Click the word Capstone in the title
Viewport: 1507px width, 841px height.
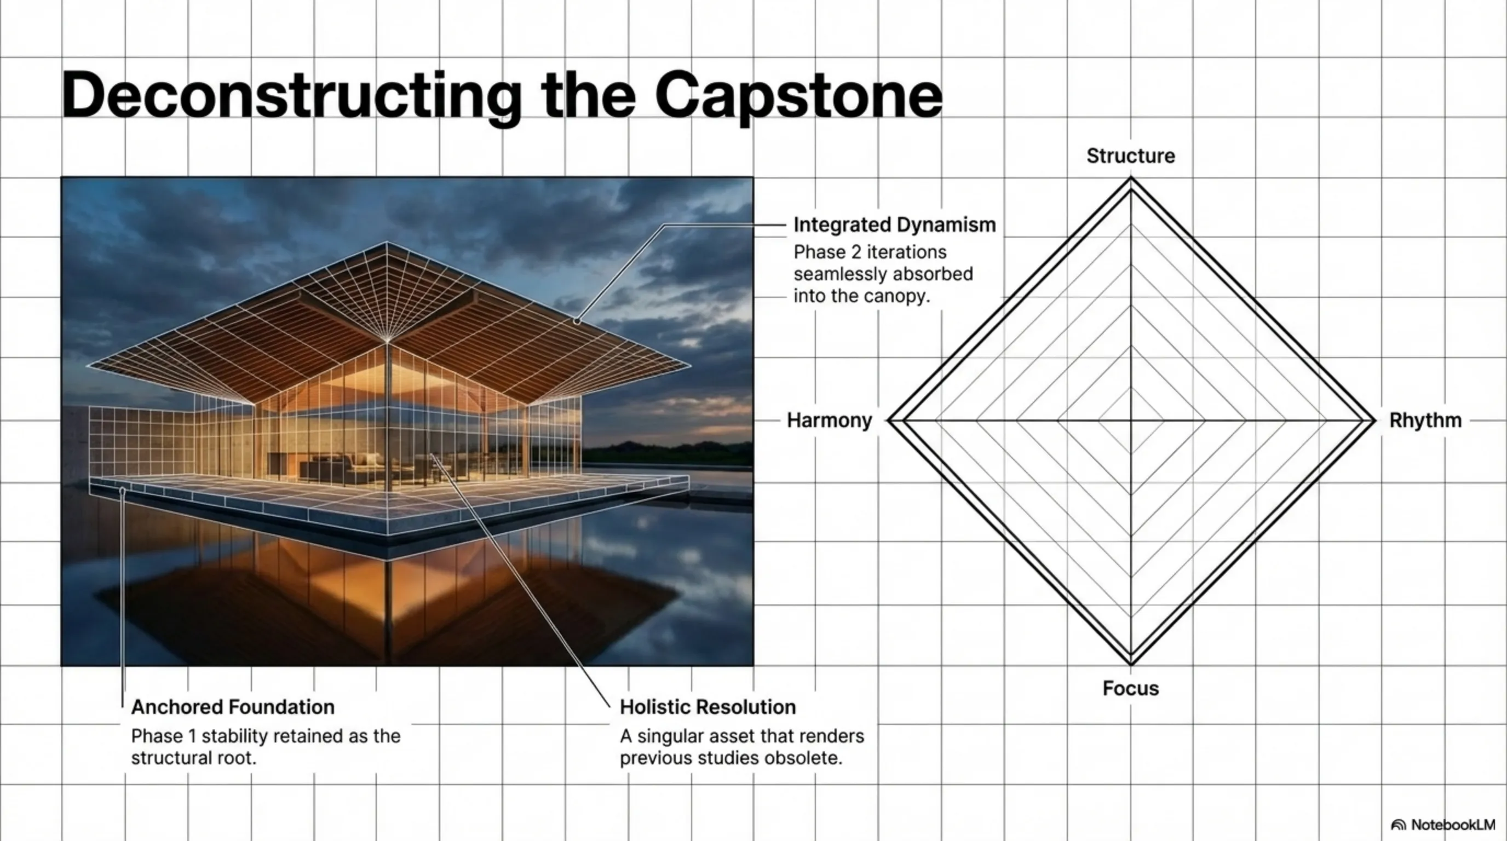pos(798,96)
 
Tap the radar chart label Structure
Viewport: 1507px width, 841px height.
pos(1131,156)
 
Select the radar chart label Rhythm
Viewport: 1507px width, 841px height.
pos(1425,420)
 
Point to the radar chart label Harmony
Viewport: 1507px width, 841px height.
pos(830,420)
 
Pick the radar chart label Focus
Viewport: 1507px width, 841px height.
pos(1131,688)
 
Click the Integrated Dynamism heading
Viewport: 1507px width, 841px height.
pos(894,224)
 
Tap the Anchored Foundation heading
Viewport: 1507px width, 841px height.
pos(233,707)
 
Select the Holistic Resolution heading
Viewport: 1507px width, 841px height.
pos(708,707)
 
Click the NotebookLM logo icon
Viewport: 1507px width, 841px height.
pos(1398,825)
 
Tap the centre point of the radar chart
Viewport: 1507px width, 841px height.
pos(1131,420)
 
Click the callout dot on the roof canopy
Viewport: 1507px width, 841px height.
pos(577,321)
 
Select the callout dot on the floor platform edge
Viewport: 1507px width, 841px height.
pos(122,490)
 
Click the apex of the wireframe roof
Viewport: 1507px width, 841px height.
pos(387,241)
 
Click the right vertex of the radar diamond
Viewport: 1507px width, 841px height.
pos(1373,420)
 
